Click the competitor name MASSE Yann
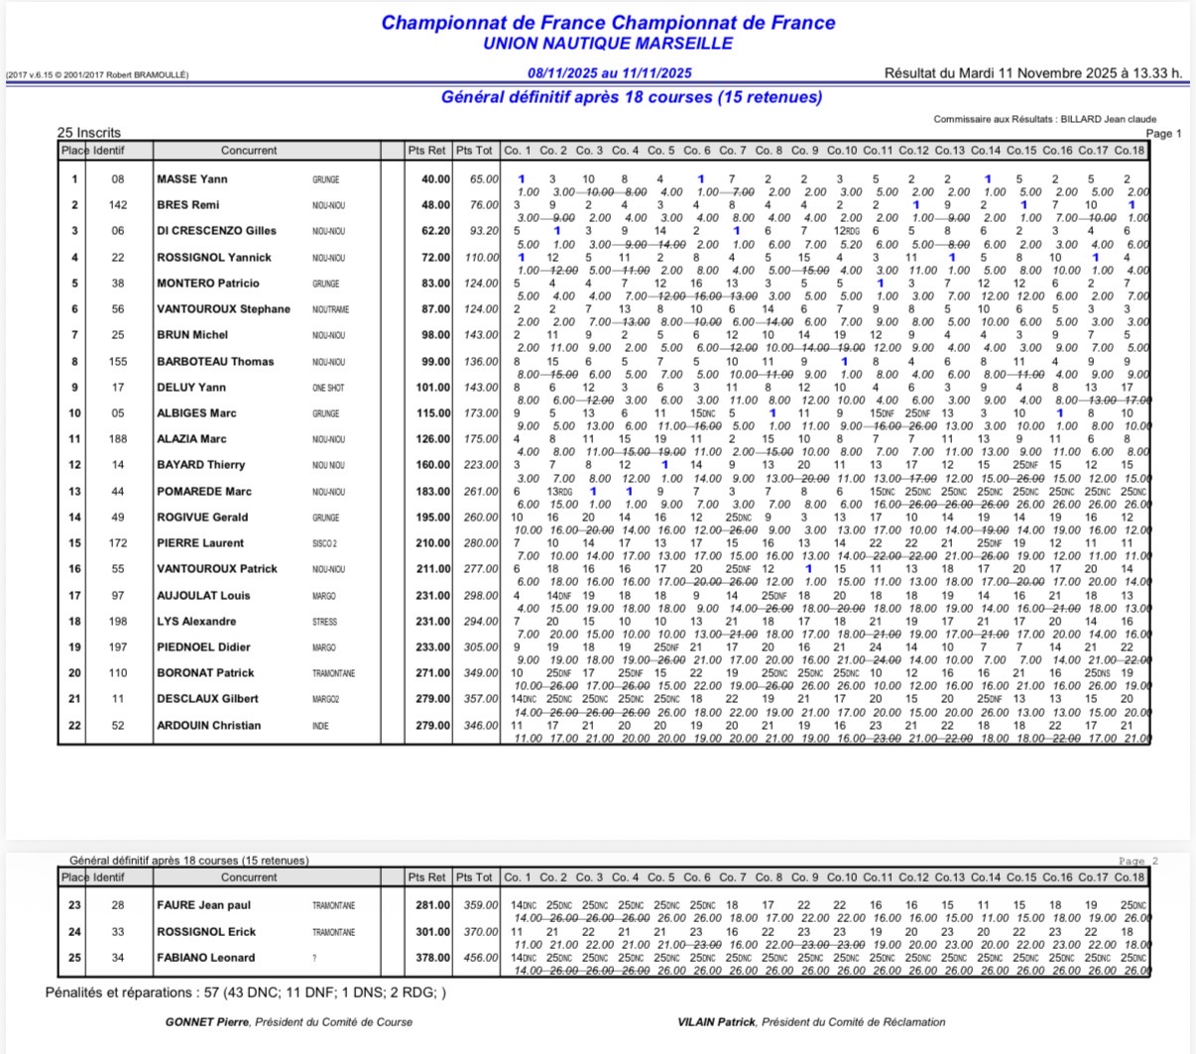[192, 179]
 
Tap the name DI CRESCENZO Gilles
[216, 231]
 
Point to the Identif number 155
[118, 362]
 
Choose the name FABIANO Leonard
[205, 958]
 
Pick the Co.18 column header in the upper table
[1129, 151]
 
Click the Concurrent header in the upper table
[249, 151]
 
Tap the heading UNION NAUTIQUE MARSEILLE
[608, 44]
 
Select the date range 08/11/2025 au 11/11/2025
[609, 73]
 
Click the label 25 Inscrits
[89, 132]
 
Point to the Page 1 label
[1163, 133]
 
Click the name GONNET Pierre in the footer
[207, 1021]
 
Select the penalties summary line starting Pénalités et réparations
[246, 993]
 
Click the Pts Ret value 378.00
[431, 958]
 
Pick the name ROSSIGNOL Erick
[206, 932]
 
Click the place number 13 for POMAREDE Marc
[74, 492]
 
